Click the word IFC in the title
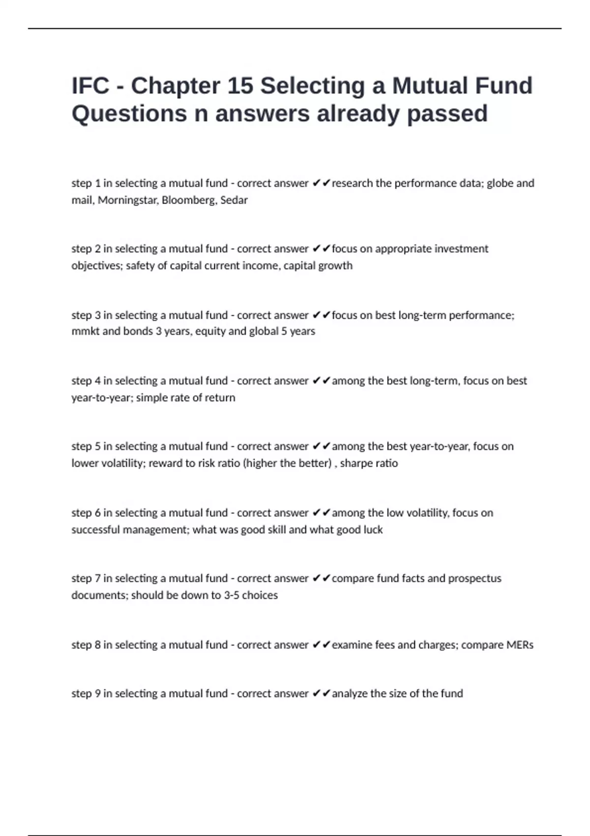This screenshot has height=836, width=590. tap(90, 86)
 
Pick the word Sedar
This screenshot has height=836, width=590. tap(234, 200)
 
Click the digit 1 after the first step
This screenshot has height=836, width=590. tap(97, 183)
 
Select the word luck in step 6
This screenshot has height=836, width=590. tap(372, 530)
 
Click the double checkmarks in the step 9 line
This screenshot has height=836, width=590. tap(321, 693)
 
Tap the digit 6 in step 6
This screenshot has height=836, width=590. tap(97, 513)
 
